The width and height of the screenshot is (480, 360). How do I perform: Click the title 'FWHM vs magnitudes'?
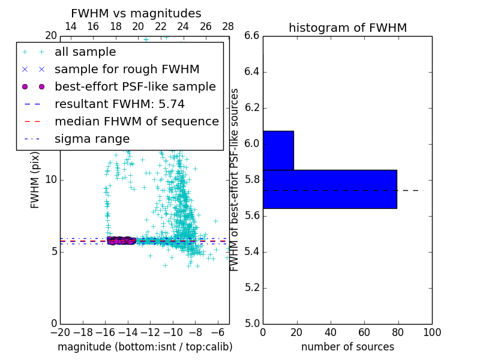coord(136,13)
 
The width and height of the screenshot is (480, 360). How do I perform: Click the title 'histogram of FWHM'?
coord(347,28)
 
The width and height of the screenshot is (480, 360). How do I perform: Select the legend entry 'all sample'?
coord(85,52)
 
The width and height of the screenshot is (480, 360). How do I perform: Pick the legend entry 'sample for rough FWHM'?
coord(127,70)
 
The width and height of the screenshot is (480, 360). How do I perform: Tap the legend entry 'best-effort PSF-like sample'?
coord(135,87)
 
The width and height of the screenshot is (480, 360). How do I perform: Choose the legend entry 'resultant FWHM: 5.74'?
coord(119,104)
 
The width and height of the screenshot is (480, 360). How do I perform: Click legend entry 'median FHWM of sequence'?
coord(136,122)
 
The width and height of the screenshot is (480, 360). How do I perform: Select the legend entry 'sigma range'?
coord(92,139)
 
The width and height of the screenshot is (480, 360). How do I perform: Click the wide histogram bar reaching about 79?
coord(329,189)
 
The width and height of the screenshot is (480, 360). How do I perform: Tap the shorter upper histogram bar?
coord(278,150)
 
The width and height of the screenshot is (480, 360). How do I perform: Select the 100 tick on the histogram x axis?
coord(431,332)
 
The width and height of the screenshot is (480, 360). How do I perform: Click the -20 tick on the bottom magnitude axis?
coord(60,332)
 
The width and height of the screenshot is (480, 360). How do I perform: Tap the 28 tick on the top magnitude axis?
coord(228,26)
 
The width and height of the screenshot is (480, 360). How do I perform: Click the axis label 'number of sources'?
coord(347,347)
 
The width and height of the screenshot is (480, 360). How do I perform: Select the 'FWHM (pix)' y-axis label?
coord(35,179)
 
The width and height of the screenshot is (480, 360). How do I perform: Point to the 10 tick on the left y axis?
coord(51,179)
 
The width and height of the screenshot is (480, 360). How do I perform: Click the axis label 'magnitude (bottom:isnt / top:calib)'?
coord(145,347)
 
